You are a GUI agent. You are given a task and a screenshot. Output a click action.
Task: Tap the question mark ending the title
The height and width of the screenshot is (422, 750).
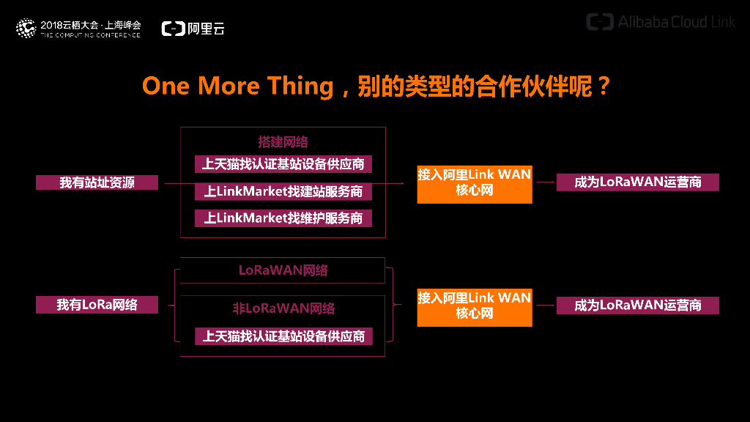click(x=602, y=86)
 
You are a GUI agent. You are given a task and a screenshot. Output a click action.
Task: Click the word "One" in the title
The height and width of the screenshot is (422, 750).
click(x=166, y=86)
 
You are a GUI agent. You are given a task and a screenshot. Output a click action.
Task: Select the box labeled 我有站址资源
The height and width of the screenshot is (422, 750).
click(x=97, y=182)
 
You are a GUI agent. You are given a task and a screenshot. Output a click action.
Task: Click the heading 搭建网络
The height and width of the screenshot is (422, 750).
click(x=283, y=142)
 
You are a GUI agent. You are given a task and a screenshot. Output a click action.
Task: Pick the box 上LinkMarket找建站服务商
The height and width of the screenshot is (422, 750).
click(x=283, y=191)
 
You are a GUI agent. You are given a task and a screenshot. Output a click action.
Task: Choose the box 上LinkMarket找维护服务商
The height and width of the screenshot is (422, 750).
click(x=283, y=218)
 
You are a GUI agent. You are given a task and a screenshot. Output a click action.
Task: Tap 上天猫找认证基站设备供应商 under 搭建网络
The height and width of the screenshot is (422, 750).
click(x=283, y=164)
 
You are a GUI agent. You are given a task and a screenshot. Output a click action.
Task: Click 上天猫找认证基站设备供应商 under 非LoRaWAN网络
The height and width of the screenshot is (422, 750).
click(x=283, y=336)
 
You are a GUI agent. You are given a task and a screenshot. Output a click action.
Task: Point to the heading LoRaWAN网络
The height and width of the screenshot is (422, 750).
click(x=283, y=270)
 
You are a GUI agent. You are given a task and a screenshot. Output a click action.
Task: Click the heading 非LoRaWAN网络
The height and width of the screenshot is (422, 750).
click(x=283, y=308)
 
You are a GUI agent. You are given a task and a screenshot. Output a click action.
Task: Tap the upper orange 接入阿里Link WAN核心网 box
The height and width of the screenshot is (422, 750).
click(x=474, y=183)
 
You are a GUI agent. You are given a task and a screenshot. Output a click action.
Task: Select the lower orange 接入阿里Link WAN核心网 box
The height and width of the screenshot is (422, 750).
click(x=474, y=306)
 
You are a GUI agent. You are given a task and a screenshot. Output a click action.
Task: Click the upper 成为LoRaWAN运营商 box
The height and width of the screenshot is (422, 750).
click(x=637, y=182)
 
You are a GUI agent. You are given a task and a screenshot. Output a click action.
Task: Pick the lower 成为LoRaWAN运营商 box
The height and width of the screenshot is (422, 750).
click(x=637, y=306)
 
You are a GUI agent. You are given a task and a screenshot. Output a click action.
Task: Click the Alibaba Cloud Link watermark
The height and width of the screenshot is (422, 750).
click(x=661, y=22)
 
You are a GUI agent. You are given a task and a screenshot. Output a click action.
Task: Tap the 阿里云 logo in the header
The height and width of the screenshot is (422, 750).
click(x=193, y=29)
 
